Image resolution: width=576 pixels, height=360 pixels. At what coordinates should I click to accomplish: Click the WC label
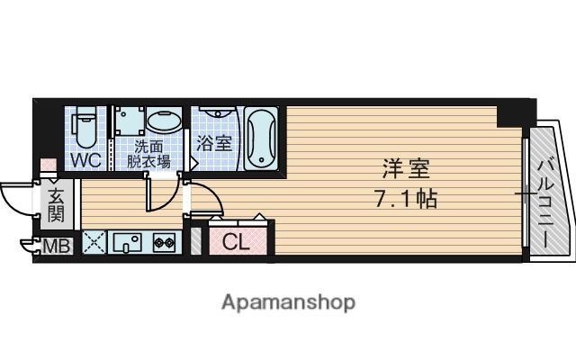pos(85,161)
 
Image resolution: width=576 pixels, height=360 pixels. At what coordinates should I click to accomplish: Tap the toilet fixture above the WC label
pos(86,126)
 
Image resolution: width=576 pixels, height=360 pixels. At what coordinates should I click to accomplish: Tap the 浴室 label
pos(215,142)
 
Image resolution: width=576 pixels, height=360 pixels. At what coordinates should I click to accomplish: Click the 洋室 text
pos(404,168)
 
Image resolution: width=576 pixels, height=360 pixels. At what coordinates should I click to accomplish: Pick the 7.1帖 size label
pos(404,199)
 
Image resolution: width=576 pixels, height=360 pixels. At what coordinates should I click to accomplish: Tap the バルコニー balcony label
pos(545,203)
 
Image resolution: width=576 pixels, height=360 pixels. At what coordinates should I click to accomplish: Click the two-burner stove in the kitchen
pos(163,242)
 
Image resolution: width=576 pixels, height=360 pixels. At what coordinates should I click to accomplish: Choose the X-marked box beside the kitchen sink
pos(94,242)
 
